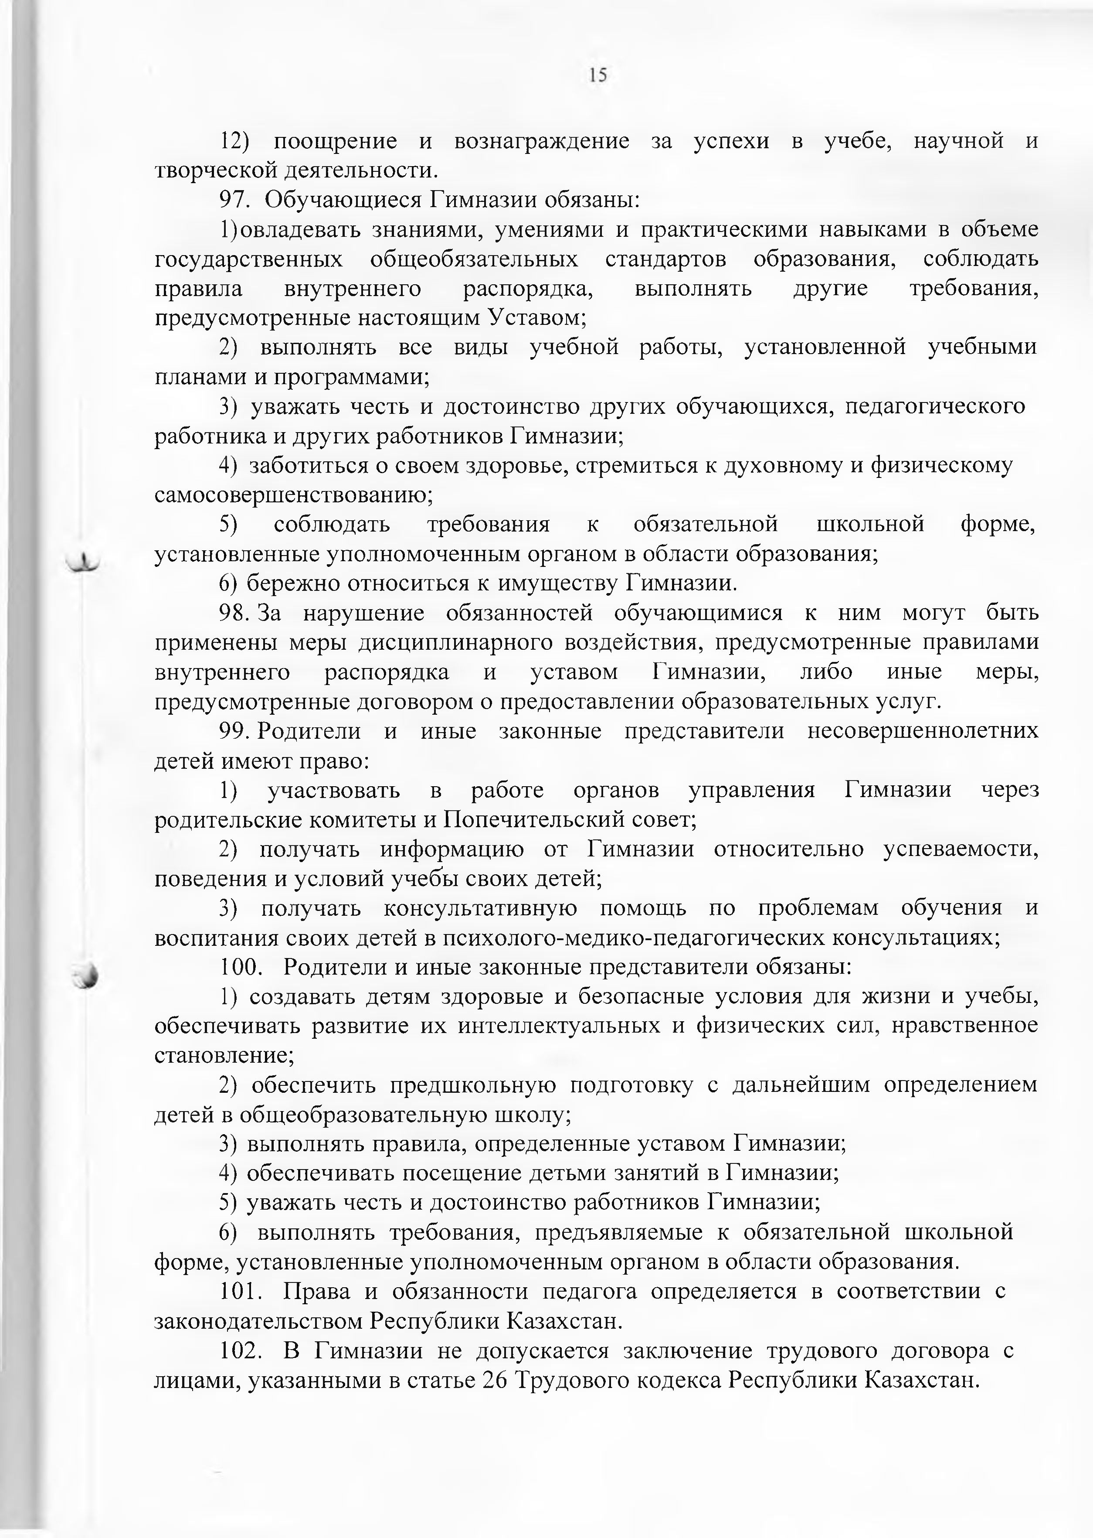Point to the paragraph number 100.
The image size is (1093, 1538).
coord(240,968)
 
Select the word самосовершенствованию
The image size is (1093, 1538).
coord(293,496)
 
